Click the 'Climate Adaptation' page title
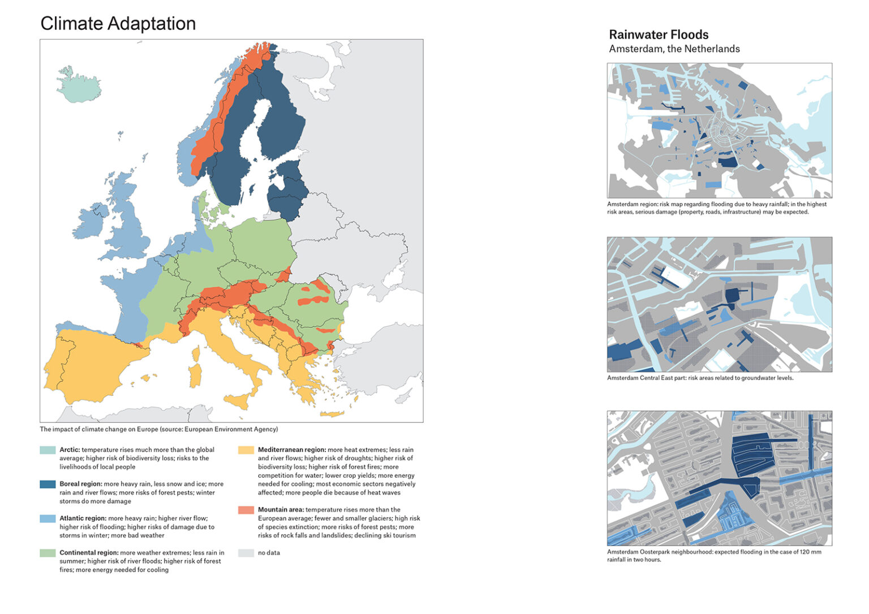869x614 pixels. (118, 24)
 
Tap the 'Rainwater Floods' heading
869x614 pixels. (659, 34)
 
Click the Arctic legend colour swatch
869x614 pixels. (48, 450)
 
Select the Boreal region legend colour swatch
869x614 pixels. (48, 484)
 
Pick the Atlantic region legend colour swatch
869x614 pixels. (48, 518)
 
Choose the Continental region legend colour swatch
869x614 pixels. (48, 553)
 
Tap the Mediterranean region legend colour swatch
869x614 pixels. (246, 450)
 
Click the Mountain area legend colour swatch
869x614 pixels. (246, 510)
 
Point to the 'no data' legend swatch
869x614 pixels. (246, 553)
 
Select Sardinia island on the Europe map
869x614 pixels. (195, 375)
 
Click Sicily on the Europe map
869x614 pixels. (238, 400)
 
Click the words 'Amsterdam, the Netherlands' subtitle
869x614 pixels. (674, 49)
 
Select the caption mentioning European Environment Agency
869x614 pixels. (158, 429)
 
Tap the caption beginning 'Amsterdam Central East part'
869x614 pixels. (700, 378)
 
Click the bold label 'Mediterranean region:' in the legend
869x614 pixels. (291, 450)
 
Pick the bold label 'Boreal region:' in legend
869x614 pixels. (81, 484)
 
